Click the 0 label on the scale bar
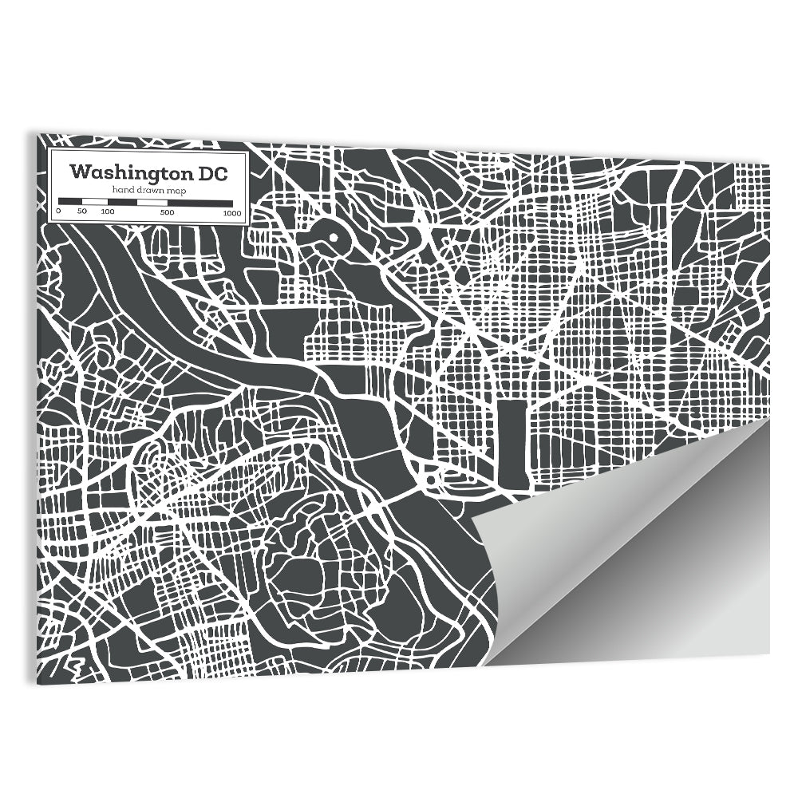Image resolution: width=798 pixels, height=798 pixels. (x=58, y=212)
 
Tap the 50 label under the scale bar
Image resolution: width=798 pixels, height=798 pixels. (x=81, y=212)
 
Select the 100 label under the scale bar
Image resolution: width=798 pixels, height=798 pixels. (x=108, y=212)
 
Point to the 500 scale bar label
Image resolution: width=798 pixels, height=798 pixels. (x=167, y=212)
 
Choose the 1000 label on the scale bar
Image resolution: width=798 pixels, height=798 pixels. (x=232, y=212)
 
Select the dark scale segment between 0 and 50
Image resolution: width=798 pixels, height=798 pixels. (x=70, y=200)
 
